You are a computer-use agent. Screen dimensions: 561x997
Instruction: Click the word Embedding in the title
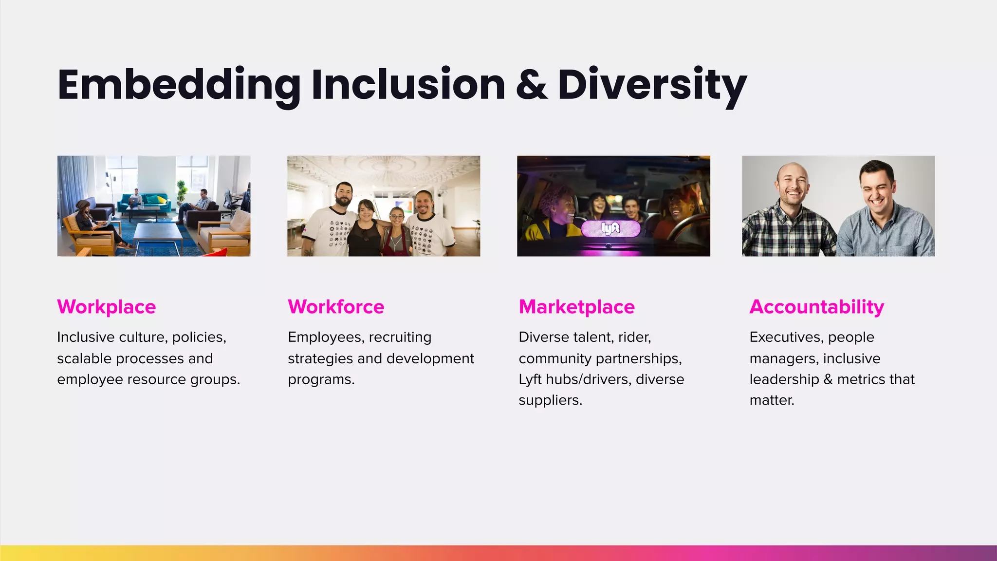179,85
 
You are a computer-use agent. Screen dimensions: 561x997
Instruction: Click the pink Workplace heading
106,307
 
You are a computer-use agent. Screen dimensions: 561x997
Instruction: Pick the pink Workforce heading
336,307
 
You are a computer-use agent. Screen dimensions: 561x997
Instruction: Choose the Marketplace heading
576,307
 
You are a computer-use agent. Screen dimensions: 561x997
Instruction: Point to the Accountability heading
816,307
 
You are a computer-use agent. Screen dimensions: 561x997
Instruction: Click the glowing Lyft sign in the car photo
610,228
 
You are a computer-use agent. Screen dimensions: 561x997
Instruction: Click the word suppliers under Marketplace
550,400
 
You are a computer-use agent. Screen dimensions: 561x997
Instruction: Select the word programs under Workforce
320,379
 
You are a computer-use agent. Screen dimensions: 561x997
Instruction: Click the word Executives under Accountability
786,337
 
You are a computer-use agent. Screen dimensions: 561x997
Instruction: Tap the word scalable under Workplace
85,358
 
